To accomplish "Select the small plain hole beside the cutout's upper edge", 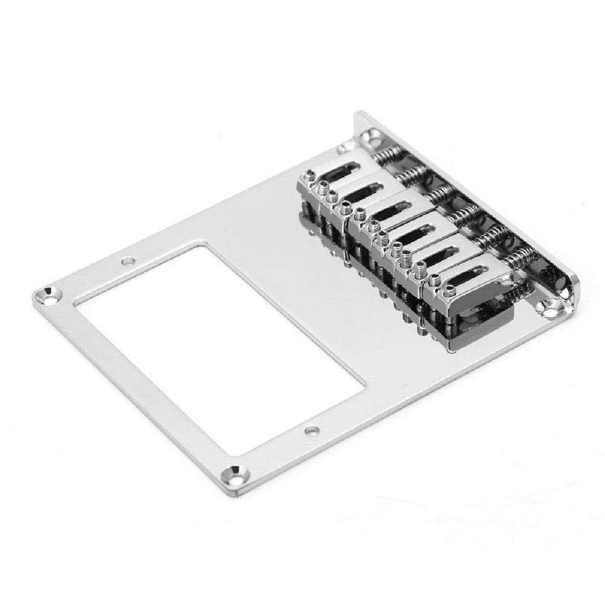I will click(x=129, y=261).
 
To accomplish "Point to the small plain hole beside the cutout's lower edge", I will click(x=312, y=431).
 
